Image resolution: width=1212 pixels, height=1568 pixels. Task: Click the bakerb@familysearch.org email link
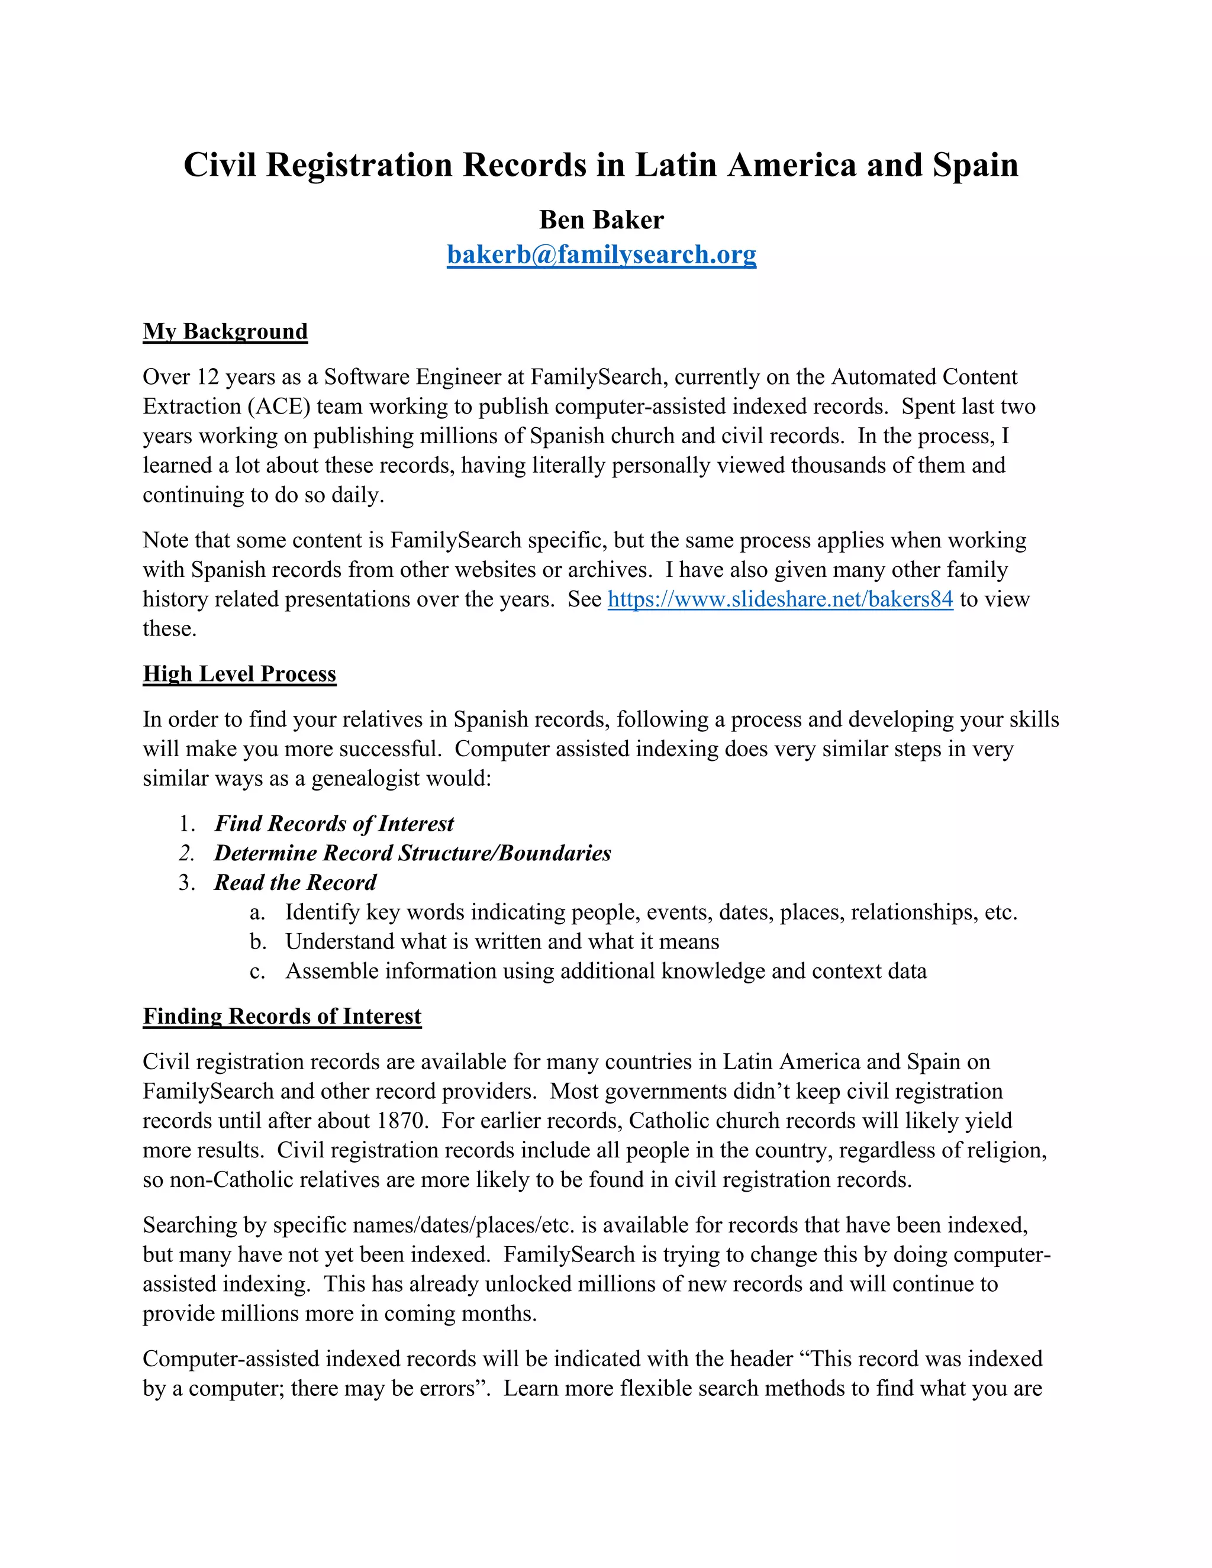tap(601, 254)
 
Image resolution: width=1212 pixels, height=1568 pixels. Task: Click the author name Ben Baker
tap(601, 220)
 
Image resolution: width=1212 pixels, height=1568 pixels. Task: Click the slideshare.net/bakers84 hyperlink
tap(780, 599)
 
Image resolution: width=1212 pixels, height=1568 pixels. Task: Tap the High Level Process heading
tap(239, 673)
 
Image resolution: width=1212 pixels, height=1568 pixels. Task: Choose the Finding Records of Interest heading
tap(282, 1016)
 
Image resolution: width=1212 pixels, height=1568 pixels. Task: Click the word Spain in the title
tap(975, 165)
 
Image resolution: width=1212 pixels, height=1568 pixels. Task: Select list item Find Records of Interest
tap(334, 824)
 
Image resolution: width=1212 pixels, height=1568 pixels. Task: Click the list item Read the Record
tap(295, 882)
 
